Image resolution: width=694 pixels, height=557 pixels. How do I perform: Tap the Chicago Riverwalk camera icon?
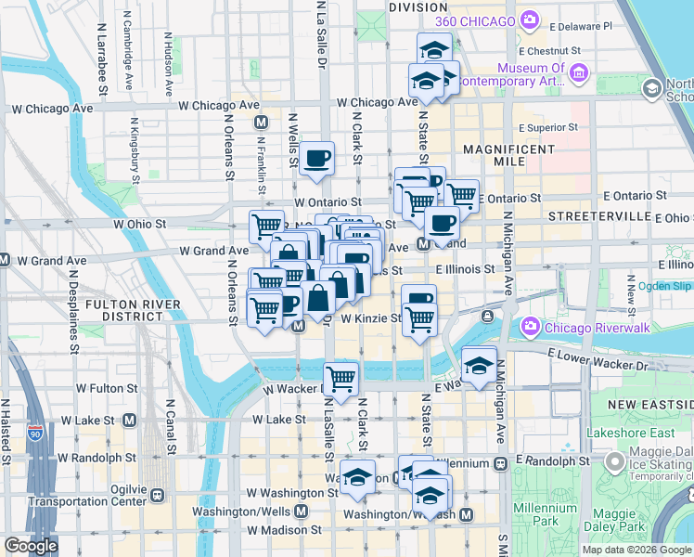click(530, 327)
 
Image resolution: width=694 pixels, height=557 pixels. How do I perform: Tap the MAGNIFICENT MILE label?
click(508, 155)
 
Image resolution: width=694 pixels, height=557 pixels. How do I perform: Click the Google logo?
click(32, 547)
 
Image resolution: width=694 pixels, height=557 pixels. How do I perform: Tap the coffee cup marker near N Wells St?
click(317, 157)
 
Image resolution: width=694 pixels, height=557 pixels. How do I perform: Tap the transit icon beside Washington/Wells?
click(301, 512)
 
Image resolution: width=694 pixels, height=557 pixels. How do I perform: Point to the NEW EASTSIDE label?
click(650, 405)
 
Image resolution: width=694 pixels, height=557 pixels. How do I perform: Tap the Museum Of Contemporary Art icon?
click(578, 72)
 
